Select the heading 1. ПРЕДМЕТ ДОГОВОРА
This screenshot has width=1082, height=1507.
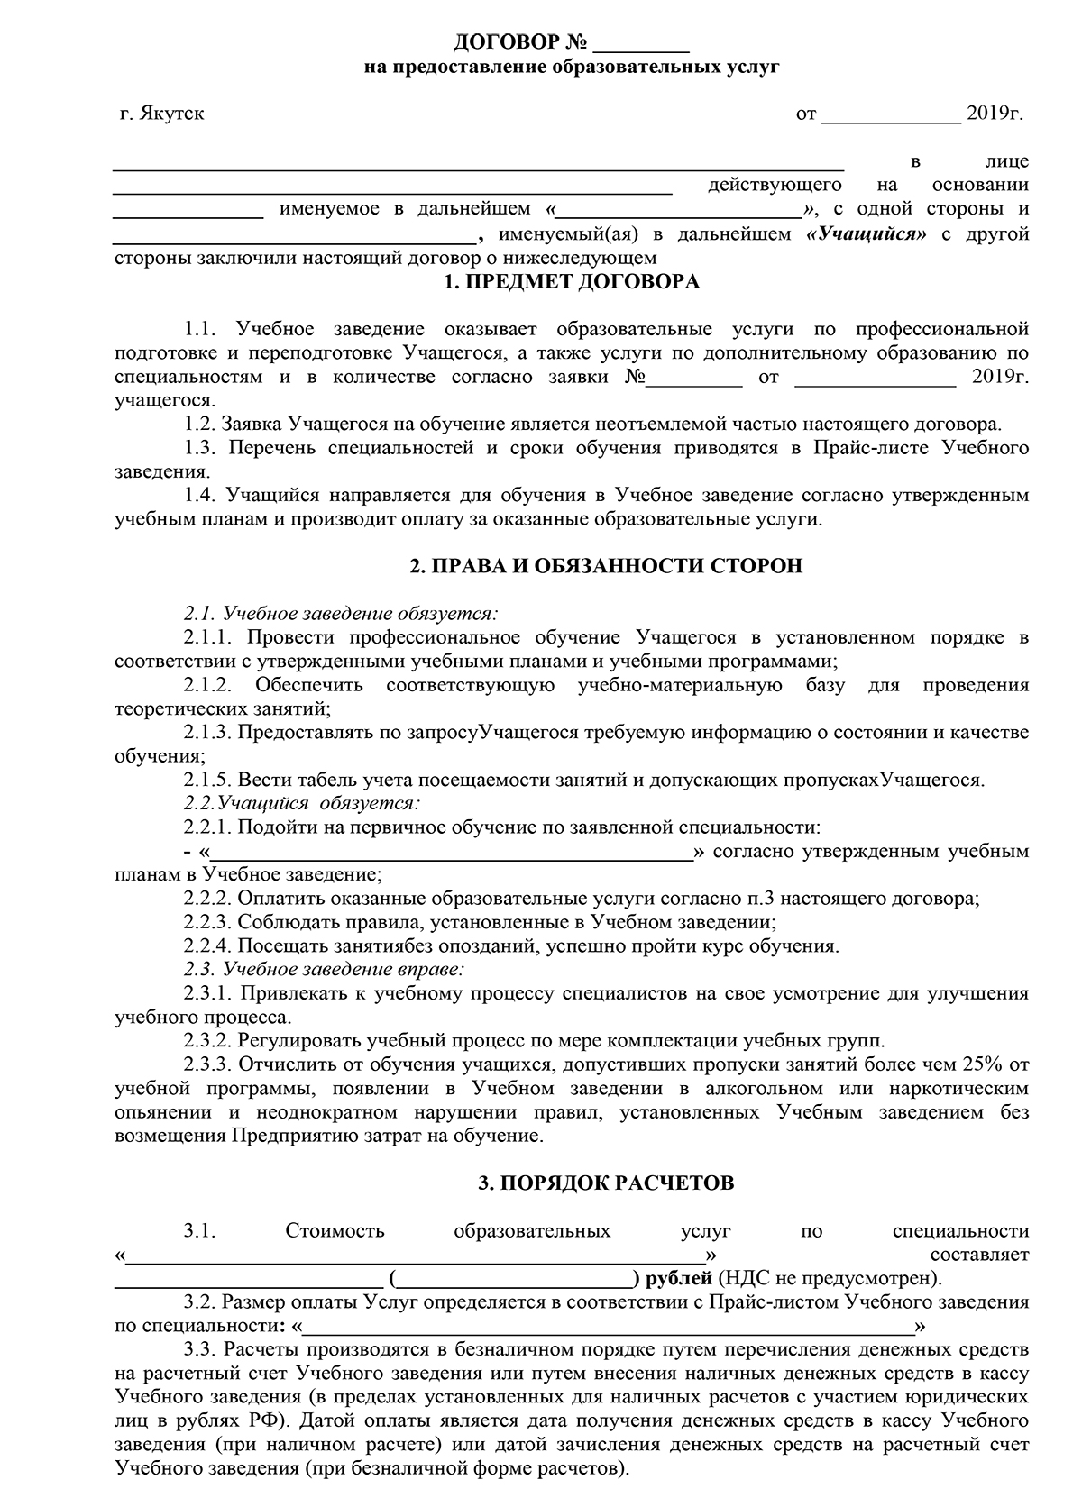573,282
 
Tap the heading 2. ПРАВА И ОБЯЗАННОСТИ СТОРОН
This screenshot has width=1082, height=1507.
605,566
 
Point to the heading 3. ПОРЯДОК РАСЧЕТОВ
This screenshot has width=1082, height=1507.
606,1183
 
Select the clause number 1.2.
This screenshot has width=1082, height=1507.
198,424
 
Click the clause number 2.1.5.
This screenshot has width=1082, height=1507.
209,780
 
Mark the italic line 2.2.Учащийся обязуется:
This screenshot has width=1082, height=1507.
303,801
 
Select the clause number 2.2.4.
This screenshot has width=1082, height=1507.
209,946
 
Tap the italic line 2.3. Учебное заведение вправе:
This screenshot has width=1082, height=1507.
325,970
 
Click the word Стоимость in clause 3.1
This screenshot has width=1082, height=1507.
335,1231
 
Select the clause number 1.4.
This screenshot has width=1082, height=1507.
200,495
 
